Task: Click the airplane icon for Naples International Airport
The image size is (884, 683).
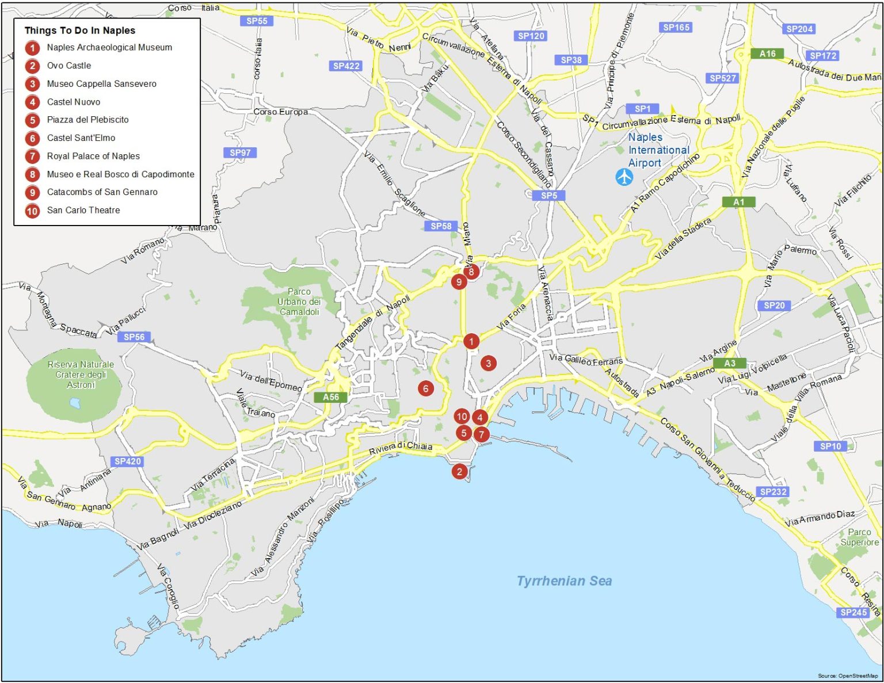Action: pyautogui.click(x=624, y=177)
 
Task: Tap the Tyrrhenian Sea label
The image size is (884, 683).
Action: pyautogui.click(x=564, y=581)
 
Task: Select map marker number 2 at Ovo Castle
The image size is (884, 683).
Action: pyautogui.click(x=459, y=472)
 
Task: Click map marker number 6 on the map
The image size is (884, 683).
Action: pyautogui.click(x=426, y=388)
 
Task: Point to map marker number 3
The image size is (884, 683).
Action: pyautogui.click(x=489, y=363)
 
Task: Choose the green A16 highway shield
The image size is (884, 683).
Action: pyautogui.click(x=767, y=54)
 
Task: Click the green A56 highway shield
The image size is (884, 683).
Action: pyautogui.click(x=330, y=397)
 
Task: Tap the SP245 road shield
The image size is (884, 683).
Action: pyautogui.click(x=853, y=612)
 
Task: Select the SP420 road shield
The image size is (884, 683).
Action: pyautogui.click(x=127, y=461)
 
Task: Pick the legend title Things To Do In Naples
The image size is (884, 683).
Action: pyautogui.click(x=80, y=30)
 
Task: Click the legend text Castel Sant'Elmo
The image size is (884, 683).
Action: pyautogui.click(x=81, y=138)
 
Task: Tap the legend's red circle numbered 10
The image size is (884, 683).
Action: pyautogui.click(x=32, y=211)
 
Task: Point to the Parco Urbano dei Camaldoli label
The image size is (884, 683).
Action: pyautogui.click(x=299, y=302)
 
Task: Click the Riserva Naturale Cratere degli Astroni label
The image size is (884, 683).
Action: pyautogui.click(x=81, y=375)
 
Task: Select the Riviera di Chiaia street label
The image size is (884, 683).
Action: pyautogui.click(x=401, y=447)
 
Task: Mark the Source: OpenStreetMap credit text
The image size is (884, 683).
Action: pyautogui.click(x=848, y=676)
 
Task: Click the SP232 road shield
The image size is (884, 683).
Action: pyautogui.click(x=773, y=491)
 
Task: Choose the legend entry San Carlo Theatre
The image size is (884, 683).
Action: pyautogui.click(x=83, y=211)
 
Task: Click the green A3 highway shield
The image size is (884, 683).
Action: pyautogui.click(x=729, y=363)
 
